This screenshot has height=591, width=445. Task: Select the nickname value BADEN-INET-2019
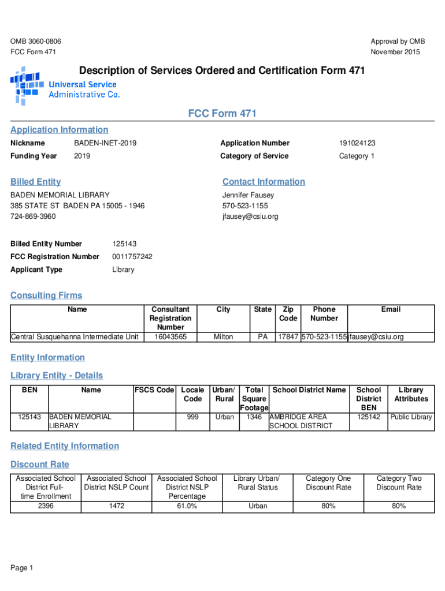(105, 143)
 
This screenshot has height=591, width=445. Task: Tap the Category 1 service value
(357, 156)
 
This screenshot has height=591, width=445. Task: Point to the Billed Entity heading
(35, 182)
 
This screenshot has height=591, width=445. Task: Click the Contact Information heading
(264, 182)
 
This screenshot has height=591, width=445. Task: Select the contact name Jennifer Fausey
(248, 195)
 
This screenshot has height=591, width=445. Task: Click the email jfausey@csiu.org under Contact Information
(250, 217)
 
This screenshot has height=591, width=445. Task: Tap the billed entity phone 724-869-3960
(33, 217)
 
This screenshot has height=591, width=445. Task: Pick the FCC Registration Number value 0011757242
(132, 257)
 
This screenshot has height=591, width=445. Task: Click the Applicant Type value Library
(123, 270)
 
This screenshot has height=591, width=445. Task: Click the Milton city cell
(223, 336)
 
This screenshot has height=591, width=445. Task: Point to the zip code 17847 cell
(288, 336)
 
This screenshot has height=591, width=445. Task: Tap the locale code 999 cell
(192, 417)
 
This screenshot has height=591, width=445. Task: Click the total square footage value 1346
(254, 417)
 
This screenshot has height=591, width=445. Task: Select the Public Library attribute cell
(411, 417)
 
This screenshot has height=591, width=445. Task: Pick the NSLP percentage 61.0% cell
(187, 506)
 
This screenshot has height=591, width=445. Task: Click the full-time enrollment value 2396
(46, 506)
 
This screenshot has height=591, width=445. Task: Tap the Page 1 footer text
(22, 568)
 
